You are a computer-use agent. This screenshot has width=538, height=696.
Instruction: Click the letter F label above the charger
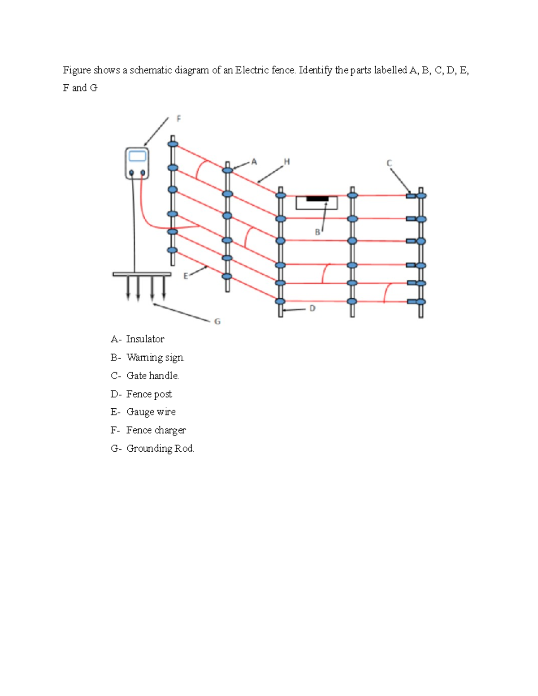[179, 119]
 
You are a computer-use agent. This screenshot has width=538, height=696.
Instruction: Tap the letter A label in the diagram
[254, 162]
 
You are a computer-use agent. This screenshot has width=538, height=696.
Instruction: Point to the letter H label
[287, 162]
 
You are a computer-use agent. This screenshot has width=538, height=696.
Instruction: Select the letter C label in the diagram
[389, 164]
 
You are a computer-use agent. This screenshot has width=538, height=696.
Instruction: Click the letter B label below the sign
[317, 232]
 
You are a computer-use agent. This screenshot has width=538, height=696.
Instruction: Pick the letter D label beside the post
[312, 308]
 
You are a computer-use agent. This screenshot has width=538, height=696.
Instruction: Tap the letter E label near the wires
[186, 276]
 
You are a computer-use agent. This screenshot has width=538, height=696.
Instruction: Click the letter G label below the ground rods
[217, 321]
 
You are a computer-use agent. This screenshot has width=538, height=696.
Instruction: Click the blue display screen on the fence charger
[137, 156]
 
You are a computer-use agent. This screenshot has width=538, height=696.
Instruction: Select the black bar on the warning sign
[317, 199]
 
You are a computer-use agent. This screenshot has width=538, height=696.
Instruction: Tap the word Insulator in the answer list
[145, 339]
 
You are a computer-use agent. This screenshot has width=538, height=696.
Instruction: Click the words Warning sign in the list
[155, 358]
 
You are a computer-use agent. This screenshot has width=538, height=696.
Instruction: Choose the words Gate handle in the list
[152, 376]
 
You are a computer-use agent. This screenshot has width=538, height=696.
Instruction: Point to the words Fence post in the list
[149, 394]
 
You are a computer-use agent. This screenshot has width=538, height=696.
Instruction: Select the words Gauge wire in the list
[151, 412]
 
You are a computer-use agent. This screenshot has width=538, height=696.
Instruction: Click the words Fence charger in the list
[156, 430]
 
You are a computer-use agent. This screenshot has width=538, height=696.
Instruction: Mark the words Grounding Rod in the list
[160, 449]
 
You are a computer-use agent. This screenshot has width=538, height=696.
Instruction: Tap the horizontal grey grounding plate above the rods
[142, 274]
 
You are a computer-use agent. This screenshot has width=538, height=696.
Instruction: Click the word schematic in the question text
[151, 70]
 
